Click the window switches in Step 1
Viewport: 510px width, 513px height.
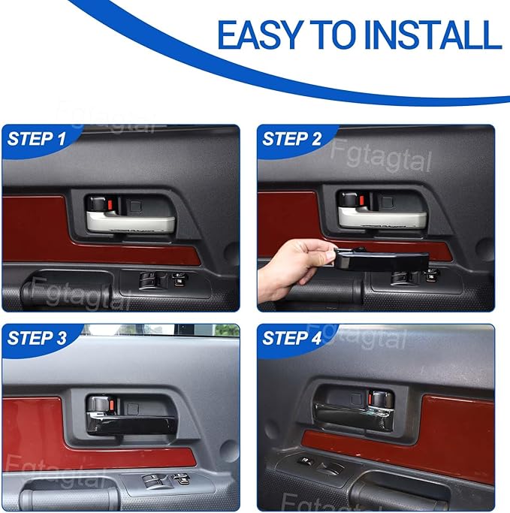(164, 279)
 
